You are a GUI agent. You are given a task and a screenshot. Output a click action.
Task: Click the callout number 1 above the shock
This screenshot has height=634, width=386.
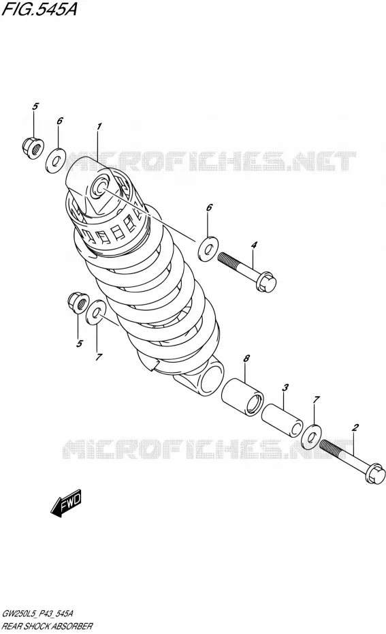pyautogui.click(x=99, y=127)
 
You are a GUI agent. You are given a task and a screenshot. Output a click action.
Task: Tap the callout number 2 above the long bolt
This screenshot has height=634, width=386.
pyautogui.click(x=355, y=427)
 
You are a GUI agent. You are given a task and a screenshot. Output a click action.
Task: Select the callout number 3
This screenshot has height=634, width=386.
pyautogui.click(x=285, y=387)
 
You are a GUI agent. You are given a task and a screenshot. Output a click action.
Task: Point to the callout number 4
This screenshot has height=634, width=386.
pyautogui.click(x=253, y=245)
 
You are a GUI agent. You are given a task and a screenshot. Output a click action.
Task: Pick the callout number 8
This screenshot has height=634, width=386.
pyautogui.click(x=246, y=358)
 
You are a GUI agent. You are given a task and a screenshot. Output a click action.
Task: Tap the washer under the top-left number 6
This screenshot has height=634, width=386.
pyautogui.click(x=56, y=160)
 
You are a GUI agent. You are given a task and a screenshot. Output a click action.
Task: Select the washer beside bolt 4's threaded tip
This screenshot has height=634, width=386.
pyautogui.click(x=208, y=249)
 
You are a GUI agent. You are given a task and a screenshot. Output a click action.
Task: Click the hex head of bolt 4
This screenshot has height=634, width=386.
pyautogui.click(x=266, y=281)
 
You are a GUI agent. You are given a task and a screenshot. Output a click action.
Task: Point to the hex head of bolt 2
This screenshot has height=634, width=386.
pyautogui.click(x=375, y=474)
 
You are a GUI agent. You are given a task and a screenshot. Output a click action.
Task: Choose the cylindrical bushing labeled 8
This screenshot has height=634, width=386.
pyautogui.click(x=242, y=395)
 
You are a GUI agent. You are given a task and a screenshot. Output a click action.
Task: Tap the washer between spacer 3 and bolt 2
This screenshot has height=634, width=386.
pyautogui.click(x=310, y=437)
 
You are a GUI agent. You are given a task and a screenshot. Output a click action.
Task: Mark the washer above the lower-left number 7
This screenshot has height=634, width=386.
pyautogui.click(x=95, y=312)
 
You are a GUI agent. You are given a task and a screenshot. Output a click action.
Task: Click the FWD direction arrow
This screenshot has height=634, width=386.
pyautogui.click(x=66, y=503)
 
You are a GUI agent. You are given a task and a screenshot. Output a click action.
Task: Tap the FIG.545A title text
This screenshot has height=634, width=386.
pyautogui.click(x=39, y=10)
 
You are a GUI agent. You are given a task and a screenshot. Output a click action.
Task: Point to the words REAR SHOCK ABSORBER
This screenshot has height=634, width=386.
pyautogui.click(x=47, y=627)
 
